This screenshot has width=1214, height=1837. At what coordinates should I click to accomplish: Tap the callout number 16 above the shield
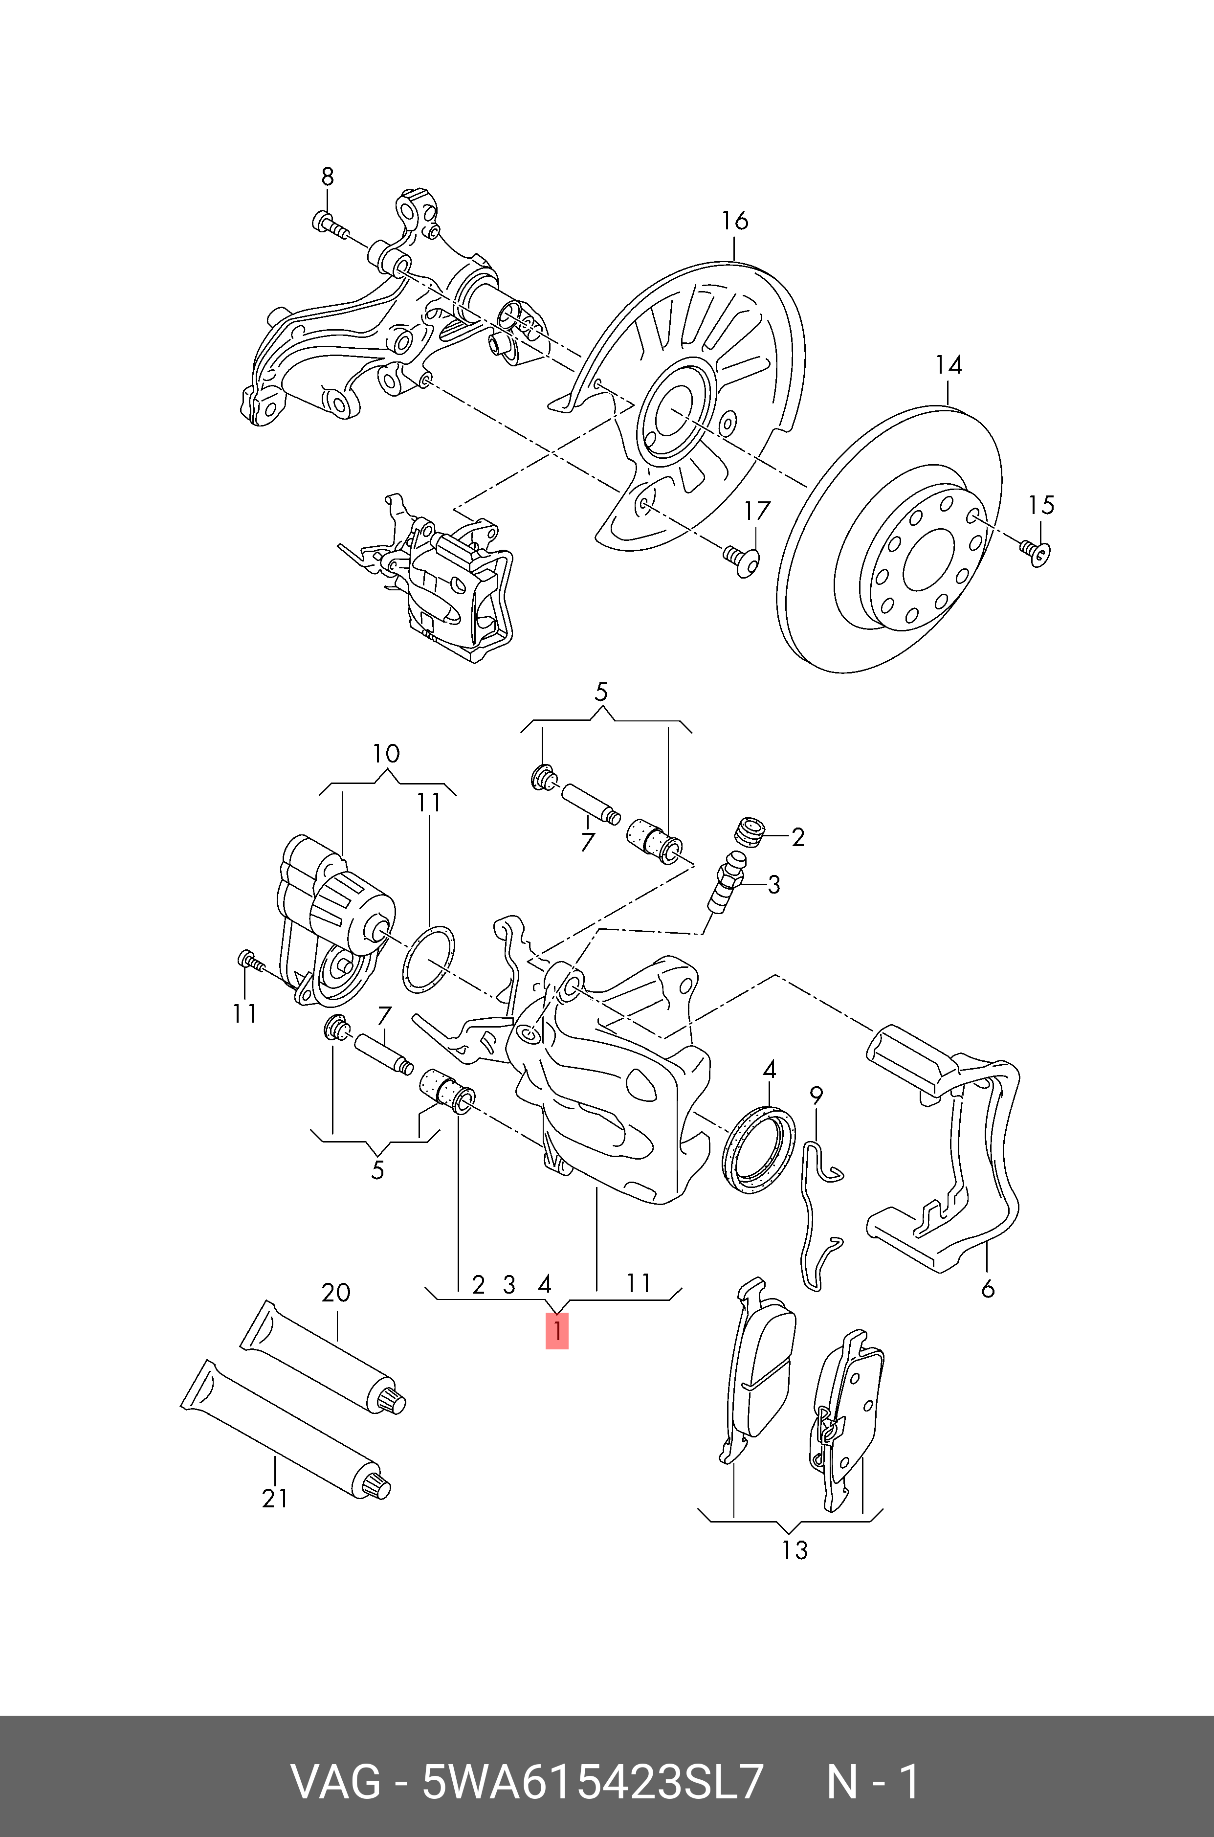[x=735, y=221]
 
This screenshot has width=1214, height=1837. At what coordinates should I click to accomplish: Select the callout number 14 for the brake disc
[x=949, y=365]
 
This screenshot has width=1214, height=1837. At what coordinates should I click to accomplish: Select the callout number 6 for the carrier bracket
[x=987, y=1289]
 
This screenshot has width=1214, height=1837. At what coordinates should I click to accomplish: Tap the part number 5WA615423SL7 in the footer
[x=592, y=1776]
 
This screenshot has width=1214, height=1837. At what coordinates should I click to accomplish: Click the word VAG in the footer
[x=335, y=1776]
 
